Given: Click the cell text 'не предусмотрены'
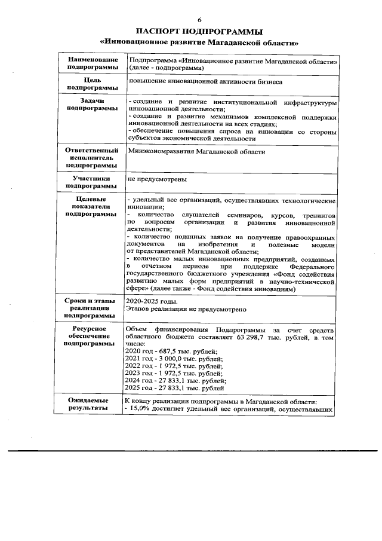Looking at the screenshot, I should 156,179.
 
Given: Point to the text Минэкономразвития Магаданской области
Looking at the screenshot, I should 196,152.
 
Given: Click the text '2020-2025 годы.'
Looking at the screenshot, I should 149,302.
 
